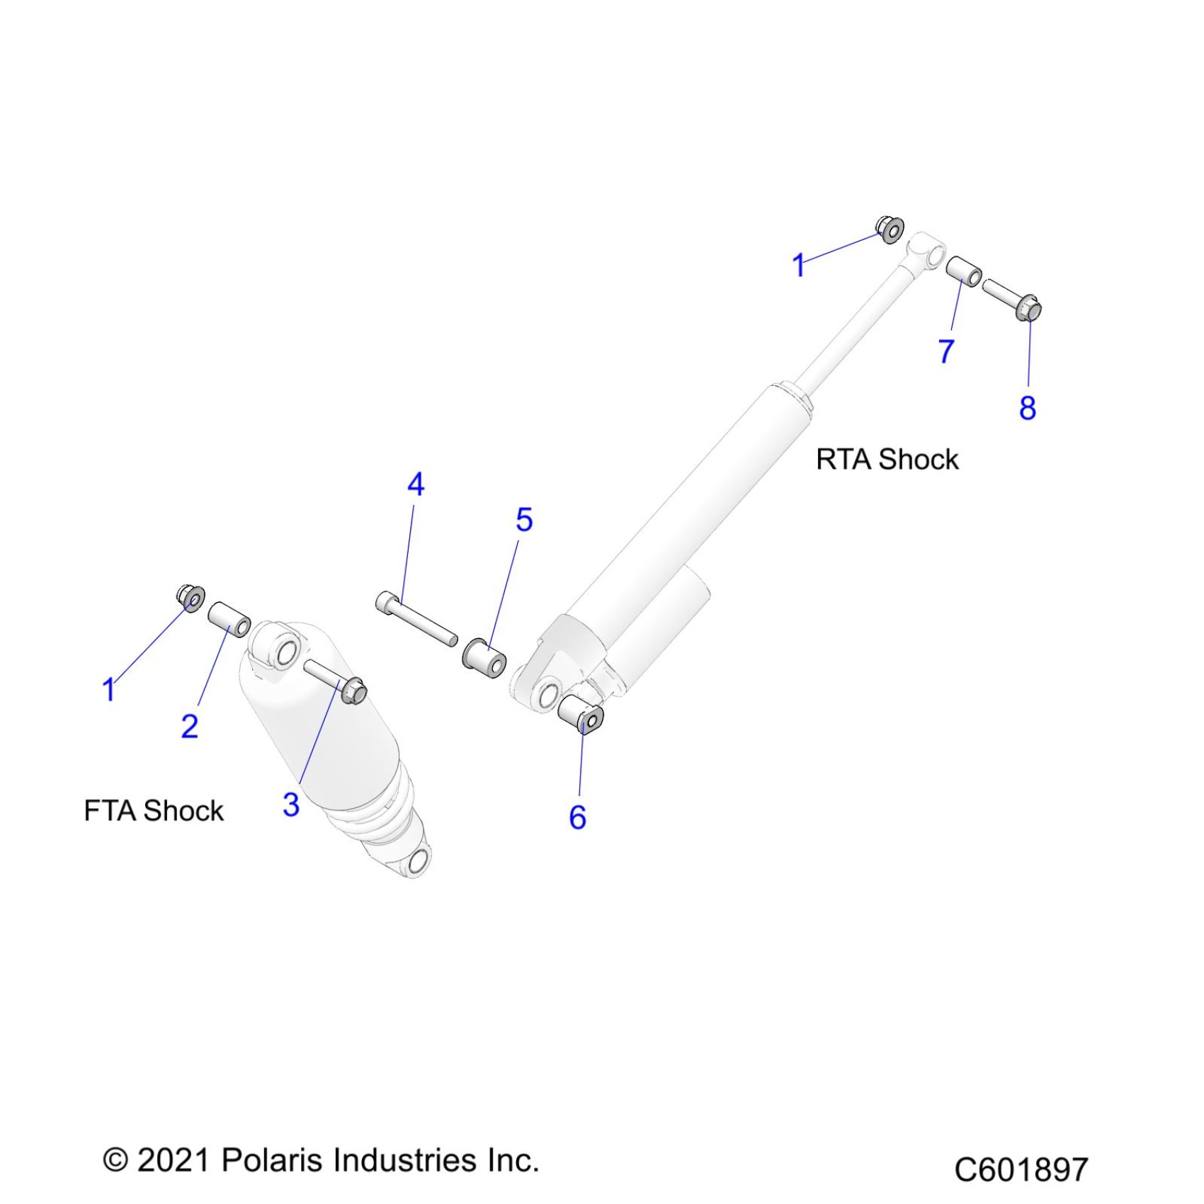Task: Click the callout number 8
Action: click(1028, 408)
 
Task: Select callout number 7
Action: click(946, 351)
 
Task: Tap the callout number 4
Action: click(416, 484)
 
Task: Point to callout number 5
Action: click(524, 520)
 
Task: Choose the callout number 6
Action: click(577, 817)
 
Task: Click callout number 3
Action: click(290, 805)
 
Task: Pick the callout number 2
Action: click(189, 727)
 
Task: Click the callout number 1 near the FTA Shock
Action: click(108, 689)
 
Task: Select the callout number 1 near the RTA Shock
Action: click(798, 266)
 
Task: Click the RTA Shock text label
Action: click(887, 460)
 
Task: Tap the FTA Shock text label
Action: click(154, 811)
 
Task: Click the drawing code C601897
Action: click(1021, 1169)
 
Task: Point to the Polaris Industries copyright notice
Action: click(321, 1161)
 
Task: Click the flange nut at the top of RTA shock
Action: click(890, 228)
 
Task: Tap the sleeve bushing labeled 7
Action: click(964, 271)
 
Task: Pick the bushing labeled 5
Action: click(484, 656)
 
